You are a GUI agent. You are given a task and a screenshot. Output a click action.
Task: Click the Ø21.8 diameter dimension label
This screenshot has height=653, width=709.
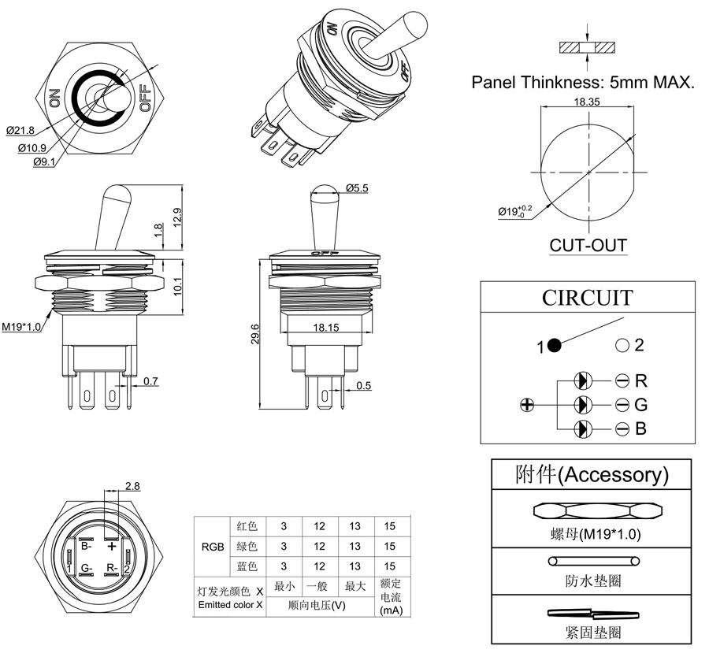[x=19, y=129]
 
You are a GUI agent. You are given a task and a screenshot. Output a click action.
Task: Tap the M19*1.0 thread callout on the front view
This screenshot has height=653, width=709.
[x=21, y=327]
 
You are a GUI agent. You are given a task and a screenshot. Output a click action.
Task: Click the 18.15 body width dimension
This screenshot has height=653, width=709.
[x=324, y=327]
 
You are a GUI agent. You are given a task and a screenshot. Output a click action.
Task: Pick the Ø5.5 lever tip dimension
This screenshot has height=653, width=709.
[x=356, y=187]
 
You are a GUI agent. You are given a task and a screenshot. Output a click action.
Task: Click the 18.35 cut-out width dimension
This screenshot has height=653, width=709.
[x=588, y=102]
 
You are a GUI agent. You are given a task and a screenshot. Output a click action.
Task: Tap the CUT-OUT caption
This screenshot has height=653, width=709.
[x=588, y=245]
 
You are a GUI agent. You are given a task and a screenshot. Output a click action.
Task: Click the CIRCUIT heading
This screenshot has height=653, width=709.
[x=587, y=299]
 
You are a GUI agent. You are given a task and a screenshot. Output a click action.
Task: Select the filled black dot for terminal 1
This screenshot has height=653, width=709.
[x=554, y=345]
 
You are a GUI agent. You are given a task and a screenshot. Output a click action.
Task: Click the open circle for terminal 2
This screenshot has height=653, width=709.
[x=622, y=345]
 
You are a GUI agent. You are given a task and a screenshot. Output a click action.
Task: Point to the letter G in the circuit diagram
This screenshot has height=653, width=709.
[x=640, y=405]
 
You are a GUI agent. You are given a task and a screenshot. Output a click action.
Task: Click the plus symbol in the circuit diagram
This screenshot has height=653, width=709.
[x=528, y=405]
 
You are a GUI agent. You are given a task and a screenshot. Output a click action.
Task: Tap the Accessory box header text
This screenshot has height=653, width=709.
[x=592, y=474]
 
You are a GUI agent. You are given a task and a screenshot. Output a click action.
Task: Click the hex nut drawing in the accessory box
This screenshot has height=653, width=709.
[x=591, y=510]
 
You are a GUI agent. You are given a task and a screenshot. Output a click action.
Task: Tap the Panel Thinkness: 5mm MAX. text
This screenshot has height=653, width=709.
[x=583, y=82]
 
